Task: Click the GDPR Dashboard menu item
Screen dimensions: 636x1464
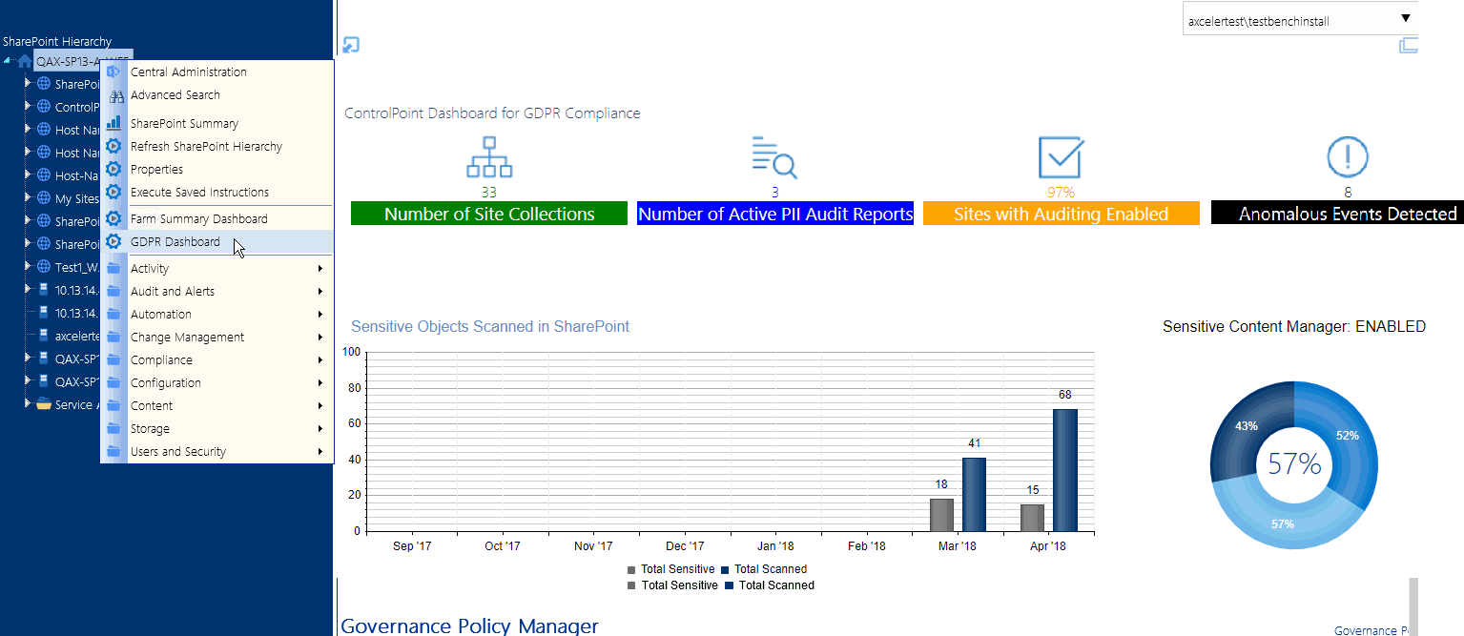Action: (175, 242)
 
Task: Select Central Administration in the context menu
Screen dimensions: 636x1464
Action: (188, 72)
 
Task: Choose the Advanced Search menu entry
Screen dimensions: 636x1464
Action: (175, 95)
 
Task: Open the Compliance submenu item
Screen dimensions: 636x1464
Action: (161, 360)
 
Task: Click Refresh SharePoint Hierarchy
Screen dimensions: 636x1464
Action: (206, 147)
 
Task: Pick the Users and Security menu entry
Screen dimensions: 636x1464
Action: (178, 452)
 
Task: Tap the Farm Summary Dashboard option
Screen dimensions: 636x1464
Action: (198, 219)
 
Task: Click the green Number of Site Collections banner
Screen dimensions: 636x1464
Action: (489, 215)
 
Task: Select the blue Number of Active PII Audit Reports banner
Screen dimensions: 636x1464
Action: (775, 215)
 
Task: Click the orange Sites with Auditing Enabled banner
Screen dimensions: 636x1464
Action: (1061, 215)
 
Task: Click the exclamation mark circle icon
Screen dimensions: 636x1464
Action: (1348, 156)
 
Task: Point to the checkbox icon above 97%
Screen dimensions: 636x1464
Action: (1060, 157)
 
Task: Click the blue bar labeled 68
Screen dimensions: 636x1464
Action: (1065, 469)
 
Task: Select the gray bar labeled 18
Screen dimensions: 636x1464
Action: (941, 514)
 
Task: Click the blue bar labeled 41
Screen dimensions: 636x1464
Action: (974, 494)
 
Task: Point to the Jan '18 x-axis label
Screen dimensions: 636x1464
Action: (775, 546)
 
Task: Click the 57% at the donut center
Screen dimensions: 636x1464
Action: (1294, 464)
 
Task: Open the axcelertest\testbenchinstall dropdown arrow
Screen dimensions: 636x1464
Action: (1405, 19)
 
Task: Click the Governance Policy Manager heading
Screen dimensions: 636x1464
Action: (469, 626)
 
